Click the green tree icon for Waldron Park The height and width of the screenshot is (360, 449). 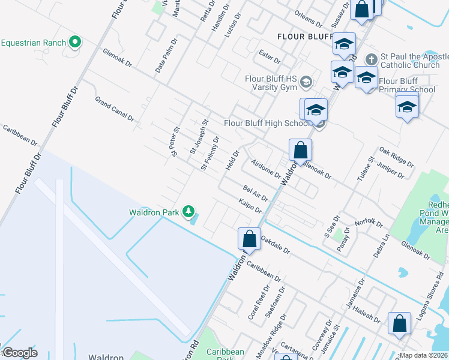(x=189, y=212)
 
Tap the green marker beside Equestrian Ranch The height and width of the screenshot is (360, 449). (x=75, y=43)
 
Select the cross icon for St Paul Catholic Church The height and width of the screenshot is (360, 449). (x=372, y=60)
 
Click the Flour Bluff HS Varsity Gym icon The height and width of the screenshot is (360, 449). (x=306, y=82)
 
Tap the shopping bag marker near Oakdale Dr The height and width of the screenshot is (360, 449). (x=249, y=238)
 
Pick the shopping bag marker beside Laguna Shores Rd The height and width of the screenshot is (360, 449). (x=399, y=323)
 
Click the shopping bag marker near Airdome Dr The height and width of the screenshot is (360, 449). (x=300, y=149)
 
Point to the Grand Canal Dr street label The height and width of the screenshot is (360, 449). (x=114, y=108)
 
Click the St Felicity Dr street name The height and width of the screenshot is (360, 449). (x=210, y=154)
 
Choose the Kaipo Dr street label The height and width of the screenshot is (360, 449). (x=250, y=206)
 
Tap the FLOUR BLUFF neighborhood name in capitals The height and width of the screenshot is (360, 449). (x=305, y=37)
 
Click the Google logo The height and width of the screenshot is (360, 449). (x=20, y=352)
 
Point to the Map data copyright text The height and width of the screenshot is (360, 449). (x=423, y=355)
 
